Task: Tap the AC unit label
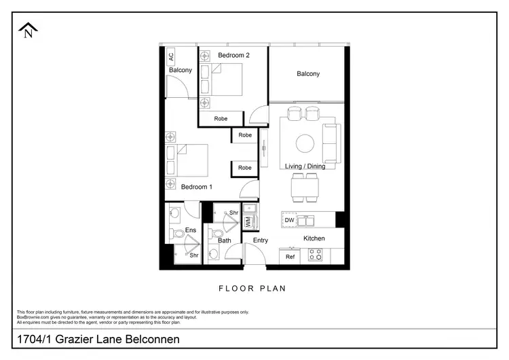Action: click(x=171, y=57)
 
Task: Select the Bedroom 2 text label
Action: click(x=233, y=55)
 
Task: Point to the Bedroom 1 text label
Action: click(x=197, y=187)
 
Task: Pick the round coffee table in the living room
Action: click(x=304, y=143)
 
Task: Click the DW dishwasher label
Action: click(x=290, y=220)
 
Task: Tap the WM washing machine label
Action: click(x=248, y=221)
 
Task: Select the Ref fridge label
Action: click(x=290, y=257)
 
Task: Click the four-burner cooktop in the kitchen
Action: click(x=316, y=255)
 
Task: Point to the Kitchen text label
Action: click(x=314, y=238)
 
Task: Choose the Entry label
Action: click(x=261, y=240)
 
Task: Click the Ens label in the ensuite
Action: click(x=191, y=231)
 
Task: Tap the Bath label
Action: click(x=225, y=240)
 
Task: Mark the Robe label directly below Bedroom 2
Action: click(x=221, y=118)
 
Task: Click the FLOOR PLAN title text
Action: click(x=252, y=289)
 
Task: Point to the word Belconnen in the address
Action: click(x=148, y=339)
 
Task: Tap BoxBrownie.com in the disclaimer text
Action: click(x=34, y=317)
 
